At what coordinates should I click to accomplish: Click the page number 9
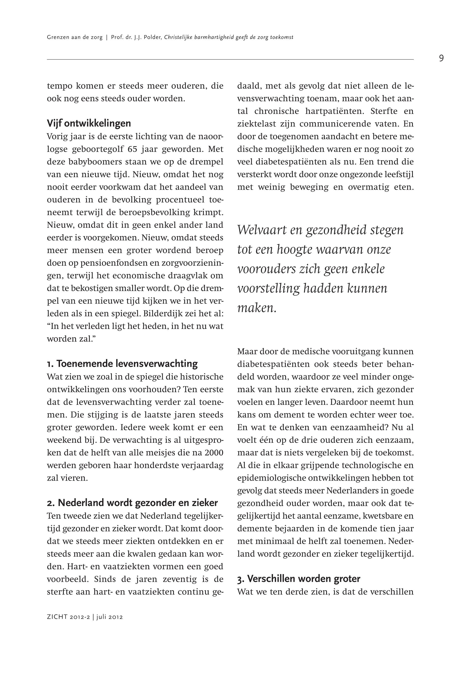point(441,58)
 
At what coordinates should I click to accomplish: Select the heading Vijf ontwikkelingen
point(89,124)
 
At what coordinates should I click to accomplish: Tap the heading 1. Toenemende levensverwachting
point(122,364)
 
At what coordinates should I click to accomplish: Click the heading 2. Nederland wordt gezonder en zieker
point(132,503)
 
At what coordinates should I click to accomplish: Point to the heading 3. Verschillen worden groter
point(299,579)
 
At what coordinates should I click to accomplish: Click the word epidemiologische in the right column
point(271,478)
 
